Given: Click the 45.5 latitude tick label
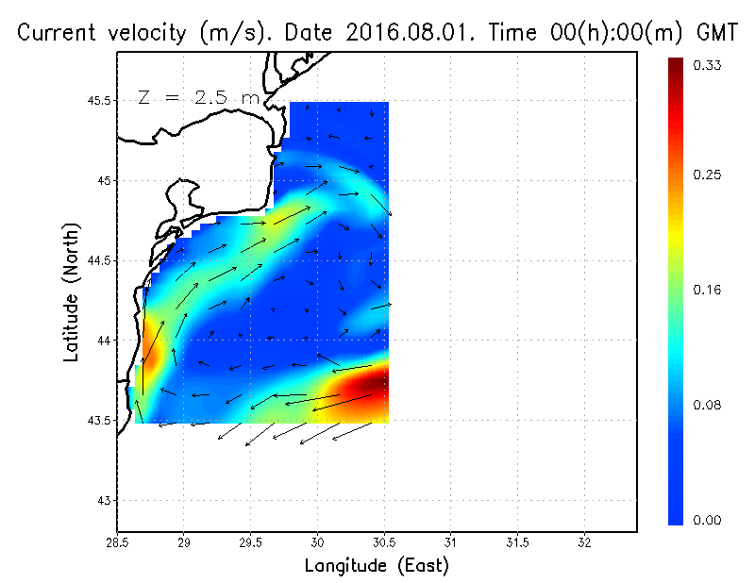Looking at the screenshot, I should pyautogui.click(x=97, y=101).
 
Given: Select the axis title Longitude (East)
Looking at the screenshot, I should pyautogui.click(x=377, y=566).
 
